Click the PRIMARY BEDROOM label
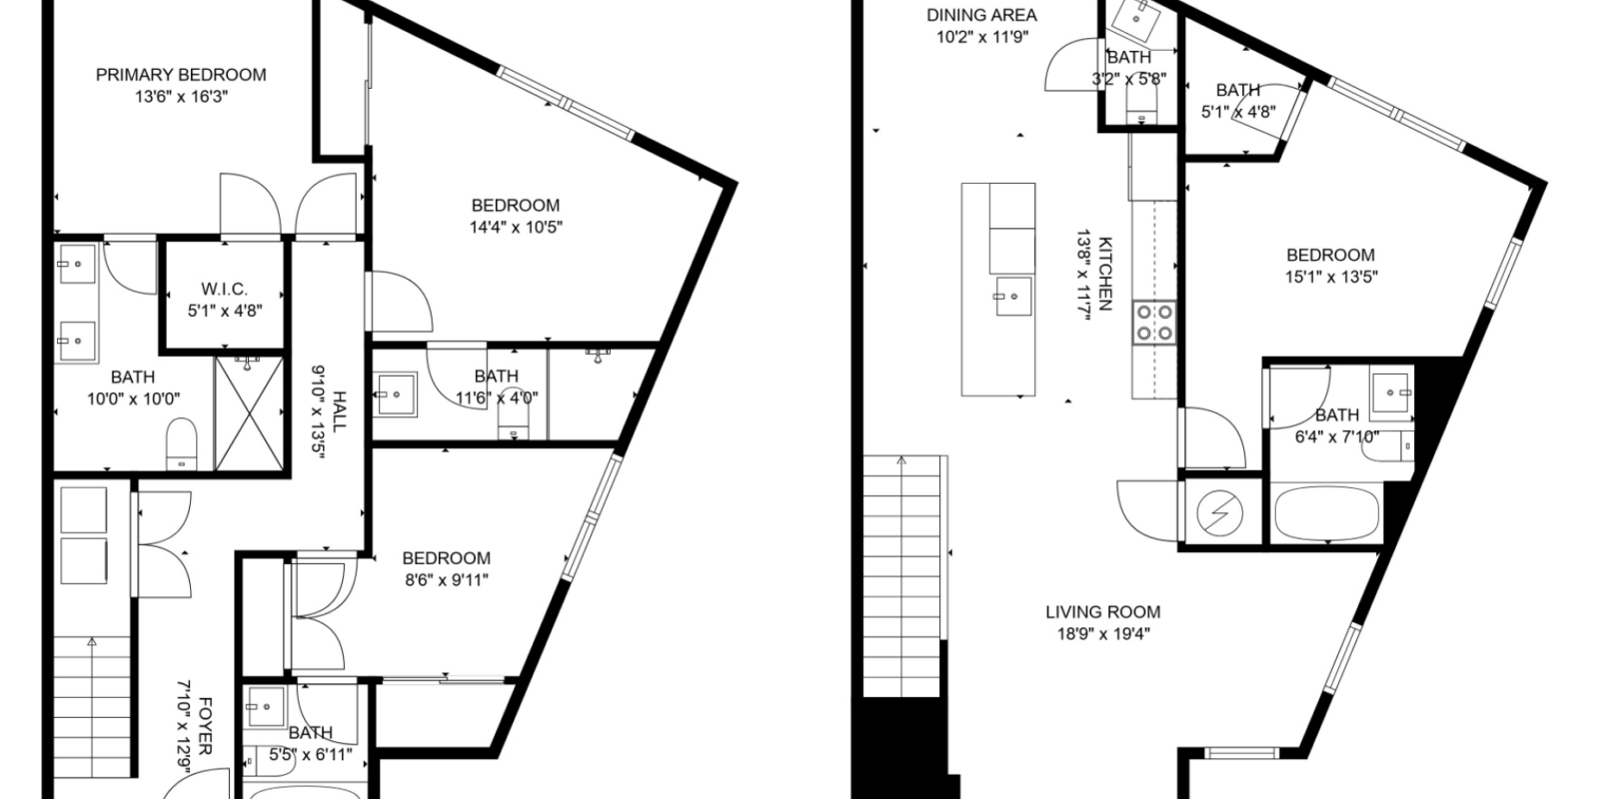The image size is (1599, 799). [181, 75]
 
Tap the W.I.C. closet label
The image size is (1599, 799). [225, 290]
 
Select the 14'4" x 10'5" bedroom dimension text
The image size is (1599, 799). [516, 227]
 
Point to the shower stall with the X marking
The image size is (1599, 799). [248, 414]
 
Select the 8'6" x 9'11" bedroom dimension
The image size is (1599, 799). [446, 579]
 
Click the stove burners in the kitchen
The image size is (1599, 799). [1153, 324]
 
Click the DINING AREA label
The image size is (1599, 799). [981, 15]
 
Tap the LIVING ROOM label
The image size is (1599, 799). [1102, 612]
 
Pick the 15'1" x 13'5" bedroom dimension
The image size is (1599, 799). [1331, 277]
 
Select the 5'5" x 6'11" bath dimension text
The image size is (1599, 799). [310, 755]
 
